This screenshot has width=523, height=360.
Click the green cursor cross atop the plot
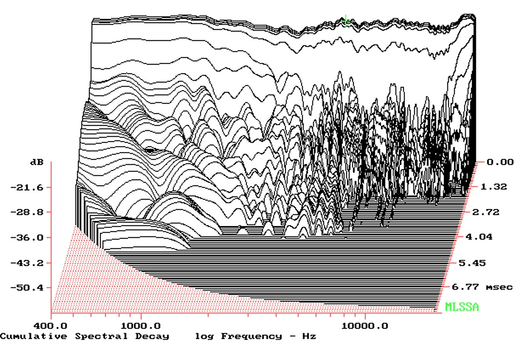click(x=346, y=20)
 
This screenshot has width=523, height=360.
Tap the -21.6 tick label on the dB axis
click(x=27, y=187)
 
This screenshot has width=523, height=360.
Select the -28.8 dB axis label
click(x=27, y=212)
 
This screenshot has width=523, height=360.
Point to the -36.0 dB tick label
click(x=27, y=237)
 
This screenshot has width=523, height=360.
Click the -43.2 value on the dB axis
click(x=27, y=263)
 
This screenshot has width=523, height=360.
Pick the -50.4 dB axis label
click(x=27, y=287)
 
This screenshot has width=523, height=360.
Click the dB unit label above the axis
click(x=37, y=163)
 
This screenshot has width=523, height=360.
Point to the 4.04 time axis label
click(x=481, y=237)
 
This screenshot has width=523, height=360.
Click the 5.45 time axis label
click(x=472, y=263)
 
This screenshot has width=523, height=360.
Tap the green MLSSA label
click(x=462, y=307)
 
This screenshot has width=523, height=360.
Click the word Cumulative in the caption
click(x=34, y=336)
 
